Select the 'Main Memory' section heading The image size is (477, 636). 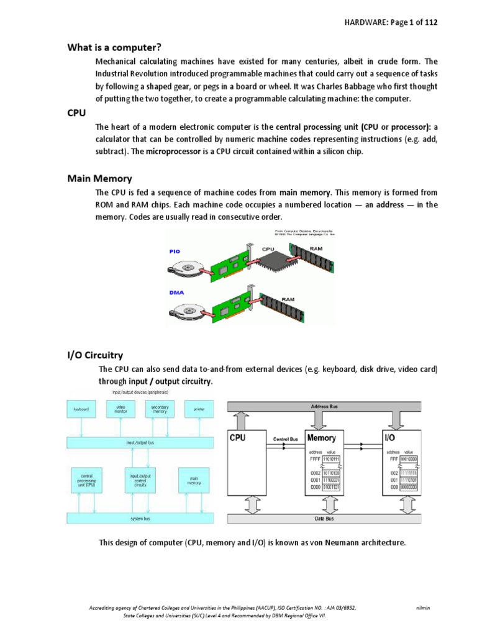[x=99, y=179]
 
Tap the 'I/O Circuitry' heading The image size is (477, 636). [x=95, y=355]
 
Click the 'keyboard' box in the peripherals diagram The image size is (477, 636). [x=81, y=409]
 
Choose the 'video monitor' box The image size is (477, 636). [x=120, y=409]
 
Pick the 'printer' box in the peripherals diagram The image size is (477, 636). [x=199, y=409]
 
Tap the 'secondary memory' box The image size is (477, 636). [x=160, y=409]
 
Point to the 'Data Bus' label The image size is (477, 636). [x=329, y=517]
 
